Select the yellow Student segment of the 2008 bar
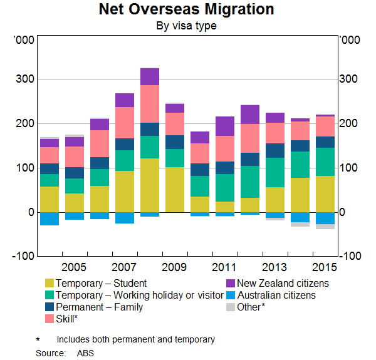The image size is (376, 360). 150,185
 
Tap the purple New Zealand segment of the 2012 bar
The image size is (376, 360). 250,115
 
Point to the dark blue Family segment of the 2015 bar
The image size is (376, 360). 325,142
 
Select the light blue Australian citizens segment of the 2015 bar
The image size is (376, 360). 325,219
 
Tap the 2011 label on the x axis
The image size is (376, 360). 225,267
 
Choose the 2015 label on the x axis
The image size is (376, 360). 325,267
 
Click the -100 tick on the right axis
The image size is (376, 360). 350,256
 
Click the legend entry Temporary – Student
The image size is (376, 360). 101,283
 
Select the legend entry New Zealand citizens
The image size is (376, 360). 283,283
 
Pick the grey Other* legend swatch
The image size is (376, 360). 230,307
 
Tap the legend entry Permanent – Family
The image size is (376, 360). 99,307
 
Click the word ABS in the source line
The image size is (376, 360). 83,353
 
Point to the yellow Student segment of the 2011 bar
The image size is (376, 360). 225,207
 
